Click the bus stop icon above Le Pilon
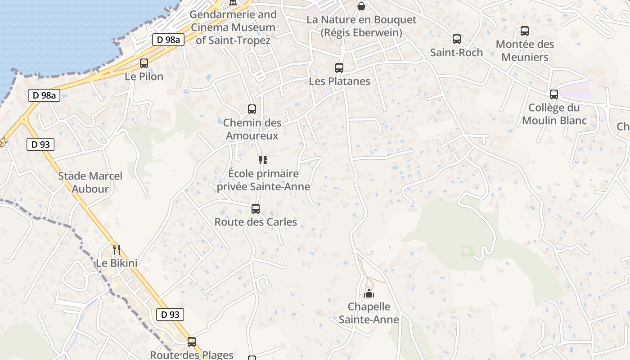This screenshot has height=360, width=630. [144, 63]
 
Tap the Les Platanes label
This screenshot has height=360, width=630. [339, 81]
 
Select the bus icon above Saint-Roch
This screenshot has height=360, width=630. [457, 39]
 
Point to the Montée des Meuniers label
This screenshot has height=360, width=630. [525, 51]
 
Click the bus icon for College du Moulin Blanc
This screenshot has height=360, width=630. [554, 94]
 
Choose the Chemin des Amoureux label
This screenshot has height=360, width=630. [252, 129]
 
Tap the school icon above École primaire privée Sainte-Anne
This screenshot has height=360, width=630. [263, 160]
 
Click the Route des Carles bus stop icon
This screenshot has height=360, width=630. [256, 209]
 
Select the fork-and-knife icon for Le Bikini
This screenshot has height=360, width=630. [116, 249]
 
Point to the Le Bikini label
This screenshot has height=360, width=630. [117, 263]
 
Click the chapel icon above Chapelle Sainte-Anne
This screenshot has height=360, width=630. [369, 294]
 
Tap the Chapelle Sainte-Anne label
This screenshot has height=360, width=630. [369, 313]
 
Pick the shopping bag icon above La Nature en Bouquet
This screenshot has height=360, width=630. [361, 6]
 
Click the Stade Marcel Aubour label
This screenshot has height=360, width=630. [90, 182]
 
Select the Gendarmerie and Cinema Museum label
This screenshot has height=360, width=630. [233, 27]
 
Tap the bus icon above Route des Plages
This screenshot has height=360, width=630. [192, 342]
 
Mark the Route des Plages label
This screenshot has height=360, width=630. [192, 355]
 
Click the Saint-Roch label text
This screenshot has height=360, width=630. [456, 53]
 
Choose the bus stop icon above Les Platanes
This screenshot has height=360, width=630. [339, 68]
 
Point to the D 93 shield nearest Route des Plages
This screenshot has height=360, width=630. [170, 315]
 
